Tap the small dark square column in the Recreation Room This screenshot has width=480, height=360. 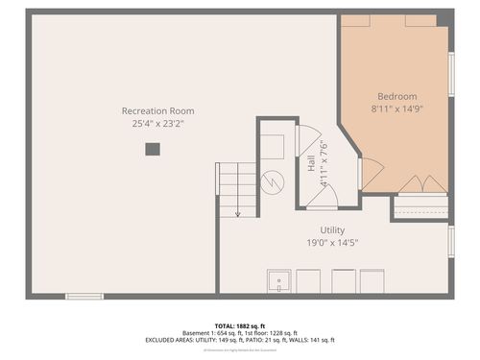pyautogui.click(x=152, y=149)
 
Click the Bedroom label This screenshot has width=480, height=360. pyautogui.click(x=396, y=96)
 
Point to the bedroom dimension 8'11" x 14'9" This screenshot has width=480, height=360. pyautogui.click(x=396, y=109)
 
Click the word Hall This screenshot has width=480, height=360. pyautogui.click(x=311, y=164)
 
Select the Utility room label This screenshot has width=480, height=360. pyautogui.click(x=332, y=229)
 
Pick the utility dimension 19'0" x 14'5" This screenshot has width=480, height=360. pyautogui.click(x=332, y=243)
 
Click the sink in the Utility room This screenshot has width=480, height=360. pyautogui.click(x=278, y=281)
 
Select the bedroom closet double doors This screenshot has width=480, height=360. pyautogui.click(x=421, y=184)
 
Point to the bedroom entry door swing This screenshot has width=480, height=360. pyautogui.click(x=371, y=173)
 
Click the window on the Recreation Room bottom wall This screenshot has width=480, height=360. pyautogui.click(x=84, y=296)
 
